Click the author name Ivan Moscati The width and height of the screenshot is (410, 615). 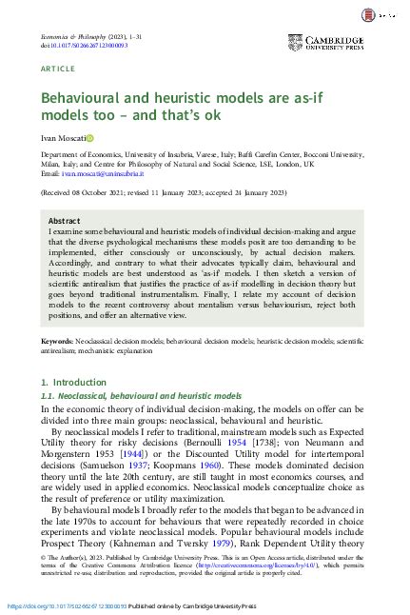[x=64, y=139]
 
